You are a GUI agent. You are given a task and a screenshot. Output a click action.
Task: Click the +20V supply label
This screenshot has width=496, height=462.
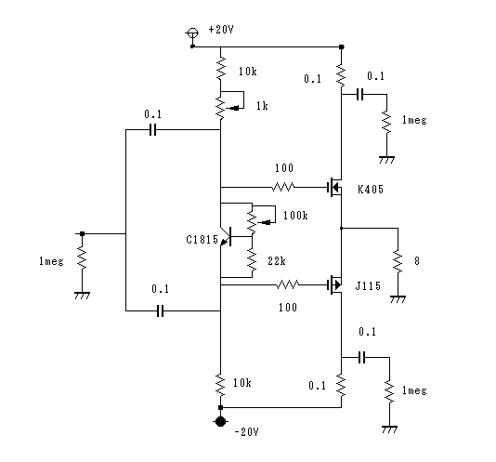point(221,30)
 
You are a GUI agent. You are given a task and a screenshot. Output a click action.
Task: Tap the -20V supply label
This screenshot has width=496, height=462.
point(247,431)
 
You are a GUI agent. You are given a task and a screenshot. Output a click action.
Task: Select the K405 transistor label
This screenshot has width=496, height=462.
point(371,190)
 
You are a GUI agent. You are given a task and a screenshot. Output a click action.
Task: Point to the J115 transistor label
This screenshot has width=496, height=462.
point(368,286)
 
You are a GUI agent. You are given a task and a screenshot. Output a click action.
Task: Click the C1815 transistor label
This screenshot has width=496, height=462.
point(202,240)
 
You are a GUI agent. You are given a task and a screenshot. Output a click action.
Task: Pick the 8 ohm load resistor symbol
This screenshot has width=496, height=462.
point(398,261)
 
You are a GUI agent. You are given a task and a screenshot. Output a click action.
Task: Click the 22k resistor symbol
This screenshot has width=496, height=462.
point(252,259)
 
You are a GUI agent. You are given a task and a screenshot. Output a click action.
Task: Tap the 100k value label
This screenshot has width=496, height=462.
point(295,216)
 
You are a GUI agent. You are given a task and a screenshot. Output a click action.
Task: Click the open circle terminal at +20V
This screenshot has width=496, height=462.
point(192,33)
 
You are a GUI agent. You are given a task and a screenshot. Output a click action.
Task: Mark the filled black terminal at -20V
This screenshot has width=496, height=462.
point(220,421)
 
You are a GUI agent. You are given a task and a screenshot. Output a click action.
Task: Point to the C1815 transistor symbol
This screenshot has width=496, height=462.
point(226,236)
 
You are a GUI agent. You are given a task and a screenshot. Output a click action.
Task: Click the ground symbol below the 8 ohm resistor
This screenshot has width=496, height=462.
point(398,299)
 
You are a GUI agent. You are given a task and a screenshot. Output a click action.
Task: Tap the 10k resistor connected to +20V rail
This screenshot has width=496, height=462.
point(220,68)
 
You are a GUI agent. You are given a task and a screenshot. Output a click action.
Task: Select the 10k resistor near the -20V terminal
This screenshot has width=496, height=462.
point(220,385)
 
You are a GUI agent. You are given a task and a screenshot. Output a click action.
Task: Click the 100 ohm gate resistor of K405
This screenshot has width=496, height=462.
point(282,187)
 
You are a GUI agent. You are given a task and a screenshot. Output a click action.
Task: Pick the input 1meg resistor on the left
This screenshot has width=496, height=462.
point(82,257)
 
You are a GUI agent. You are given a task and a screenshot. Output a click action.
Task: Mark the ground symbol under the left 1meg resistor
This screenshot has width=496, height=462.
point(82,296)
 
